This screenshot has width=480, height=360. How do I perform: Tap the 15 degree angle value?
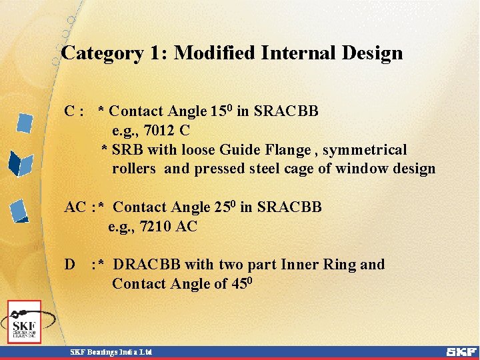[221, 111]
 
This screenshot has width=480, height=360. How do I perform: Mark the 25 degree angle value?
[224, 207]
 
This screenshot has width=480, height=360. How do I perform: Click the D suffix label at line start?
[69, 265]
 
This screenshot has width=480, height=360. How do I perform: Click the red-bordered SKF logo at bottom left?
[24, 322]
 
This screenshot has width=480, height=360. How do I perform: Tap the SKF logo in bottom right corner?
[461, 351]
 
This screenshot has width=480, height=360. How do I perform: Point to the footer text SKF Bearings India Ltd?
[112, 351]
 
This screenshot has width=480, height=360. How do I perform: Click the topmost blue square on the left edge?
[25, 123]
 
